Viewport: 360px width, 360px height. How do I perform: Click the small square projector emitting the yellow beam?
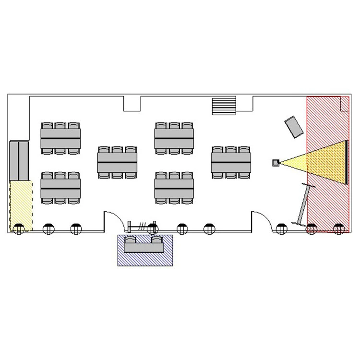click(x=276, y=163)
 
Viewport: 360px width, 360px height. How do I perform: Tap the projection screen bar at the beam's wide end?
click(x=346, y=162)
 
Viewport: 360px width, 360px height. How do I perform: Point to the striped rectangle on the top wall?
click(x=224, y=106)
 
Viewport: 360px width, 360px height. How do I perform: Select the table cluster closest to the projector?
click(x=231, y=163)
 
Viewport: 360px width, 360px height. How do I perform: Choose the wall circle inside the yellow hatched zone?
click(x=19, y=229)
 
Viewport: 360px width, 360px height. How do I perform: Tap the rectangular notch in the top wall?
click(x=132, y=103)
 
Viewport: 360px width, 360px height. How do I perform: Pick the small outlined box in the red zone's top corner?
click(x=344, y=104)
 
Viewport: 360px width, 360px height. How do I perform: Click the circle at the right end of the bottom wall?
click(x=340, y=229)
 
